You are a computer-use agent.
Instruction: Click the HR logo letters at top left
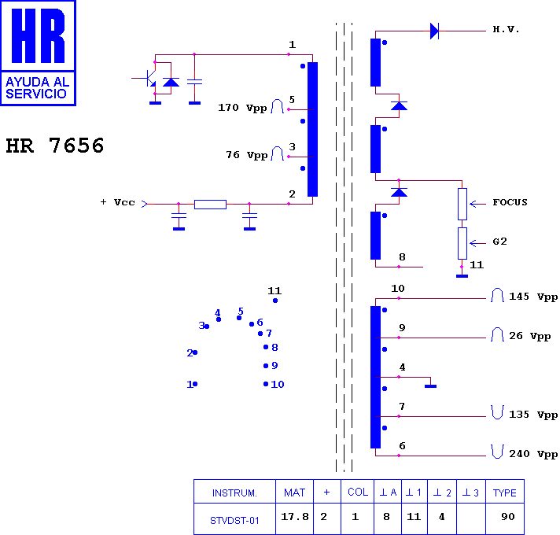pos(39,35)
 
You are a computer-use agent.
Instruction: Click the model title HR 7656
pos(54,146)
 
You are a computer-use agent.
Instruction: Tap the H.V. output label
pos(506,29)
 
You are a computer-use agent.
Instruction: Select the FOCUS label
pos(510,202)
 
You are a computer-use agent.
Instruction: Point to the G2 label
pos(499,242)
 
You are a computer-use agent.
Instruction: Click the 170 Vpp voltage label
pos(242,108)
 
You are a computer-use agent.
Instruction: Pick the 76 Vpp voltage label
pos(246,155)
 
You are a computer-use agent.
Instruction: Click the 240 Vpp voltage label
pos(533,454)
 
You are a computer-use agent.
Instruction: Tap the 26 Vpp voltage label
pos(529,336)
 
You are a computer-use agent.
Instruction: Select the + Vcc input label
pos(117,202)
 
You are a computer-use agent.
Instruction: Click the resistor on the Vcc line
pos(210,205)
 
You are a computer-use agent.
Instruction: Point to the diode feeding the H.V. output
pos(434,31)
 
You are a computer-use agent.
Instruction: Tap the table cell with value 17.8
pos(295,517)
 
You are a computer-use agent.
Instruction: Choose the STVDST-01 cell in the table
pos(234,521)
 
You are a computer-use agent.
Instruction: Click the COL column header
pos(358,493)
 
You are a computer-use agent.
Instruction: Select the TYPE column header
pos(505,493)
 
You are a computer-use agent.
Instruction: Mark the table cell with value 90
pos(508,517)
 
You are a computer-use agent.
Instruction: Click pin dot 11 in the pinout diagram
pos(275,301)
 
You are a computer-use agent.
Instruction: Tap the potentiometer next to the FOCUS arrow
pos(462,205)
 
